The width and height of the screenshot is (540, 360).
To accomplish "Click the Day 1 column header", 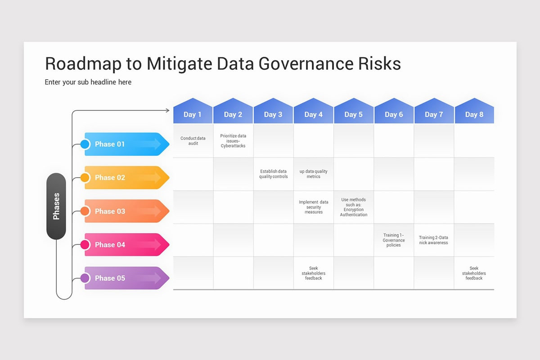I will click(193, 114).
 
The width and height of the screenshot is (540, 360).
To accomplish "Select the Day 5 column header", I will click(353, 114).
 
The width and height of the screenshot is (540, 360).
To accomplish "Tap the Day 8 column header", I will click(474, 114).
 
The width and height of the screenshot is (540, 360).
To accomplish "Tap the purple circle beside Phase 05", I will click(85, 278).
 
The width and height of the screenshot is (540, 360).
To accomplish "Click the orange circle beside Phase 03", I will click(85, 211).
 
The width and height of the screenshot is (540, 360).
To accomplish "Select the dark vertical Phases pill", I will click(56, 206).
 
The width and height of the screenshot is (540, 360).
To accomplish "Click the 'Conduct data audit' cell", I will click(193, 141).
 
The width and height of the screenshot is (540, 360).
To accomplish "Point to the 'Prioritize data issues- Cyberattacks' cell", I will click(233, 141).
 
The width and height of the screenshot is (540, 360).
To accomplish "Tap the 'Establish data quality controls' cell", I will click(273, 174).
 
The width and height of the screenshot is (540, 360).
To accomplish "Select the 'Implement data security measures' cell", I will click(314, 207).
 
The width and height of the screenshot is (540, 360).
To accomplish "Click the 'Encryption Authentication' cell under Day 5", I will click(354, 207).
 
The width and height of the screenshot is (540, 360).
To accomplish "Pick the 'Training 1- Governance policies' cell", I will click(394, 240).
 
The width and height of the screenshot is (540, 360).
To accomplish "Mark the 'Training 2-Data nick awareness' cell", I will click(433, 240).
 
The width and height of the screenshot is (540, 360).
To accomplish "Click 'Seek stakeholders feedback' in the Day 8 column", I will click(474, 273).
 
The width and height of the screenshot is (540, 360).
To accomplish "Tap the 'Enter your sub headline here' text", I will click(88, 82).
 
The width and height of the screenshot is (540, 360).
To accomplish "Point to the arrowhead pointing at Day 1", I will click(168, 110).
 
